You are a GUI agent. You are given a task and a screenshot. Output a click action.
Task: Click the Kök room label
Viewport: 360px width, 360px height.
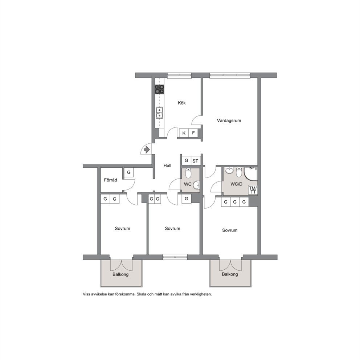coord(181,103)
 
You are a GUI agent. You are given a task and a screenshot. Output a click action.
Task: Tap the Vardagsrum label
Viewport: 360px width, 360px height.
coord(229,120)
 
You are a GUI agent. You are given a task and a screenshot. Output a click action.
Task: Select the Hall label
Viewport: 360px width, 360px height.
coord(167,165)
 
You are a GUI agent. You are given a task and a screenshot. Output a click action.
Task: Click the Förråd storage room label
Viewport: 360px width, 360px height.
coord(110,180)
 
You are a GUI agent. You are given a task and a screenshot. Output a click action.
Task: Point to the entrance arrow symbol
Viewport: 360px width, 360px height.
coord(147,150)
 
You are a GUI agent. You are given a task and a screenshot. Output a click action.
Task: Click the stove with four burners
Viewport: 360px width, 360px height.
coord(159,89)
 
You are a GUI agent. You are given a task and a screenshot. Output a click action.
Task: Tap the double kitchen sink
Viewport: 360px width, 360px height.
coord(159,112)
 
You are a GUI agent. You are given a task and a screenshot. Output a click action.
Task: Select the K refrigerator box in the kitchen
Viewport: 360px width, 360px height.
coord(184,133)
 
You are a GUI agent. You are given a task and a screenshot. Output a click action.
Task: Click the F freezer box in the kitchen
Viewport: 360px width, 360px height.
coord(193,133)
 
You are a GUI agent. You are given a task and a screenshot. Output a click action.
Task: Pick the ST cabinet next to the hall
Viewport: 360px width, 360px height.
coord(195,161)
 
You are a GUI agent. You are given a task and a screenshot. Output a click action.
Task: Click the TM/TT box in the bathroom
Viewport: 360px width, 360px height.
coord(253,190)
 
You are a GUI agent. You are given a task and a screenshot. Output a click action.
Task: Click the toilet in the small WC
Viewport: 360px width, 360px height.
coord(188,173)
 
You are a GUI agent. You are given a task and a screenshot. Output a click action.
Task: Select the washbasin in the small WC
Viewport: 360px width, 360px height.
coord(196,185)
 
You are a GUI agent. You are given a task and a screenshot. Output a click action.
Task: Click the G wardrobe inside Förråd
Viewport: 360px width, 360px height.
coord(129,172)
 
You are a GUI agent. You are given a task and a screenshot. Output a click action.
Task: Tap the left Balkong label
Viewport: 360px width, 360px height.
coord(120,274)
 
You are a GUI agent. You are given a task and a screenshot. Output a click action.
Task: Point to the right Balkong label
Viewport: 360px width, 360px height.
coord(230,274)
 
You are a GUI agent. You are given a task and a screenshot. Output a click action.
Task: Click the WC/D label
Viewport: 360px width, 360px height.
coord(237,184)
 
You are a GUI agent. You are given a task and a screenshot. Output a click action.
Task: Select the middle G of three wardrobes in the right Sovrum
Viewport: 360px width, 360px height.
coord(235,202)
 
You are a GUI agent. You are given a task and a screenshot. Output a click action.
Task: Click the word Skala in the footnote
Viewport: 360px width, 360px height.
coord(142,294)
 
